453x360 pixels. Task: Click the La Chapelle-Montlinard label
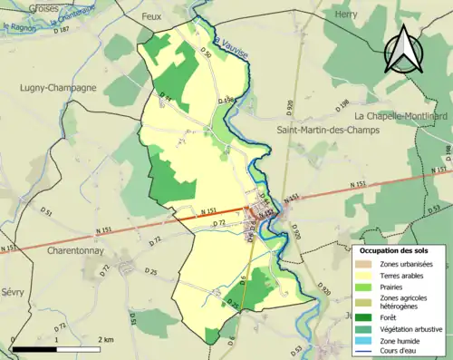(398, 116)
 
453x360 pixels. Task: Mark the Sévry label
(14, 295)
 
